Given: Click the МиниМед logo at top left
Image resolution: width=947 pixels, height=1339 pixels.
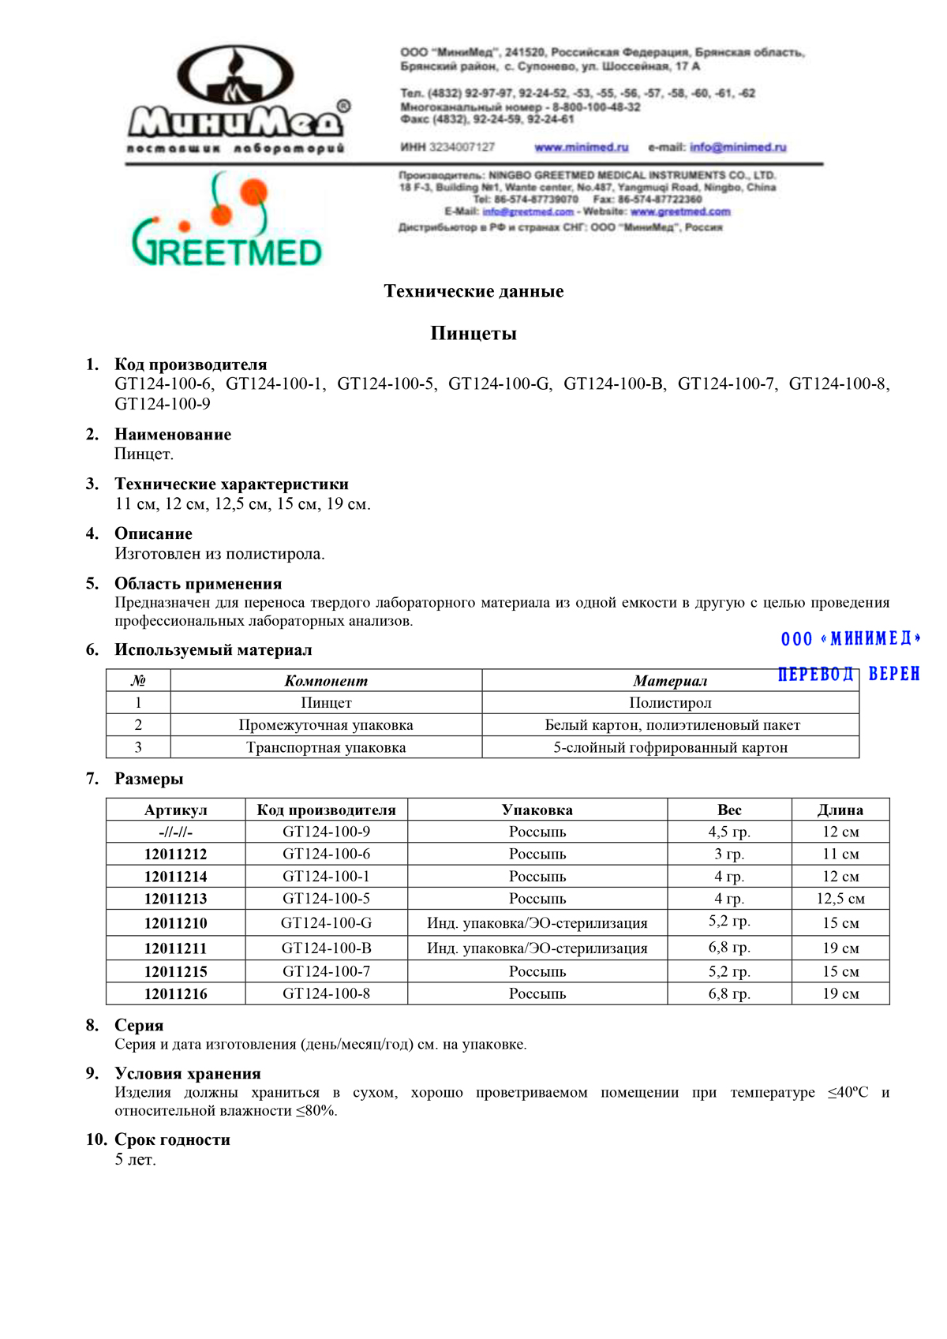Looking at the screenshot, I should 237,99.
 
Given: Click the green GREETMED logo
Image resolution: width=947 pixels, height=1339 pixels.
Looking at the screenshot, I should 226,225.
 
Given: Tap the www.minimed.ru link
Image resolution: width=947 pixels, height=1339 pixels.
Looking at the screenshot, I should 581,148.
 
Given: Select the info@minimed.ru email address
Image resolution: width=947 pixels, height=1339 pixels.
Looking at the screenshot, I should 738,148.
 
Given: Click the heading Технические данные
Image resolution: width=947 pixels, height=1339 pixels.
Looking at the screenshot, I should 473,291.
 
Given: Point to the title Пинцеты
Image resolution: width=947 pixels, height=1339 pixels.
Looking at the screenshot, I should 473,333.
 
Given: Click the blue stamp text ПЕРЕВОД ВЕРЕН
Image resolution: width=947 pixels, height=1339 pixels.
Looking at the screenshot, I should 848,674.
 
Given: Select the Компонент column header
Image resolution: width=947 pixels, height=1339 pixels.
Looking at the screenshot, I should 326,681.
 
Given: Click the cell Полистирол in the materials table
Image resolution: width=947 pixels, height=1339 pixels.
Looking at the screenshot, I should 670,703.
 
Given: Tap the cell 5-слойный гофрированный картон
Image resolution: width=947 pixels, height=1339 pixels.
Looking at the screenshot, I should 670,747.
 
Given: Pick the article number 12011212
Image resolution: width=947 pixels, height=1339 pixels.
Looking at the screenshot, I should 175,854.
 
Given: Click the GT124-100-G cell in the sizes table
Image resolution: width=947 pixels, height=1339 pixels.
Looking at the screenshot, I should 326,922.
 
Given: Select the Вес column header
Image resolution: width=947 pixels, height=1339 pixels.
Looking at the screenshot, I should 729,810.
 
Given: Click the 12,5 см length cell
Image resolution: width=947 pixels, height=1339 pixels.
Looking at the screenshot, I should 840,899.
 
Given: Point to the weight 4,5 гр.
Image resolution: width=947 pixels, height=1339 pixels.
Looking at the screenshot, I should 729,832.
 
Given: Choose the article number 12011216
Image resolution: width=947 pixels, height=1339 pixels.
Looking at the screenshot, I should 175,994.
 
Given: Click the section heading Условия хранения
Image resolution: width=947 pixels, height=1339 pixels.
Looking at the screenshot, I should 188,1073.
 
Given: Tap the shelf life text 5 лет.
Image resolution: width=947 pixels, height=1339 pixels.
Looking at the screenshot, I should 136,1160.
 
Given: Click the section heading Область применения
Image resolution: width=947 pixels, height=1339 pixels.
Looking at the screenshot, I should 198,584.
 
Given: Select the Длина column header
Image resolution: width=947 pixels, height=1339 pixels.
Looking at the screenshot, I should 840,810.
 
